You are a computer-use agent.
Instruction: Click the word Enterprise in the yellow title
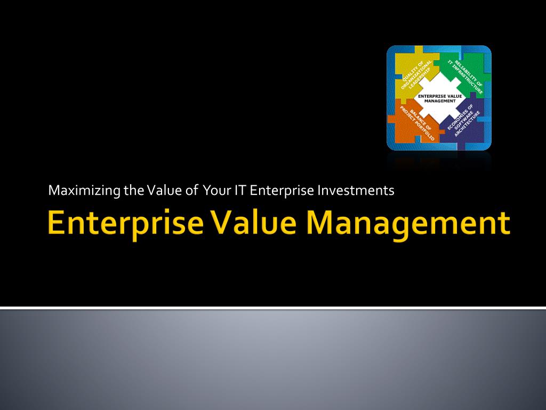125,224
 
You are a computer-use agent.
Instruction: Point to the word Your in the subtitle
217,191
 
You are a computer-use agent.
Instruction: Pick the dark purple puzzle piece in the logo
463,122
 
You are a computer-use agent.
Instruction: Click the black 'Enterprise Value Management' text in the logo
440,98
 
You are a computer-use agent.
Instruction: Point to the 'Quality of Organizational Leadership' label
416,74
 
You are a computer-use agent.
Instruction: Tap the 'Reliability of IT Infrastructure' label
465,77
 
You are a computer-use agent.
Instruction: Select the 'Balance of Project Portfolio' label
417,123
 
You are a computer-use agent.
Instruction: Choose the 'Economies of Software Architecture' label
464,120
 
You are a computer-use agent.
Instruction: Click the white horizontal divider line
273,308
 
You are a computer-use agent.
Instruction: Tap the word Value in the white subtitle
160,191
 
